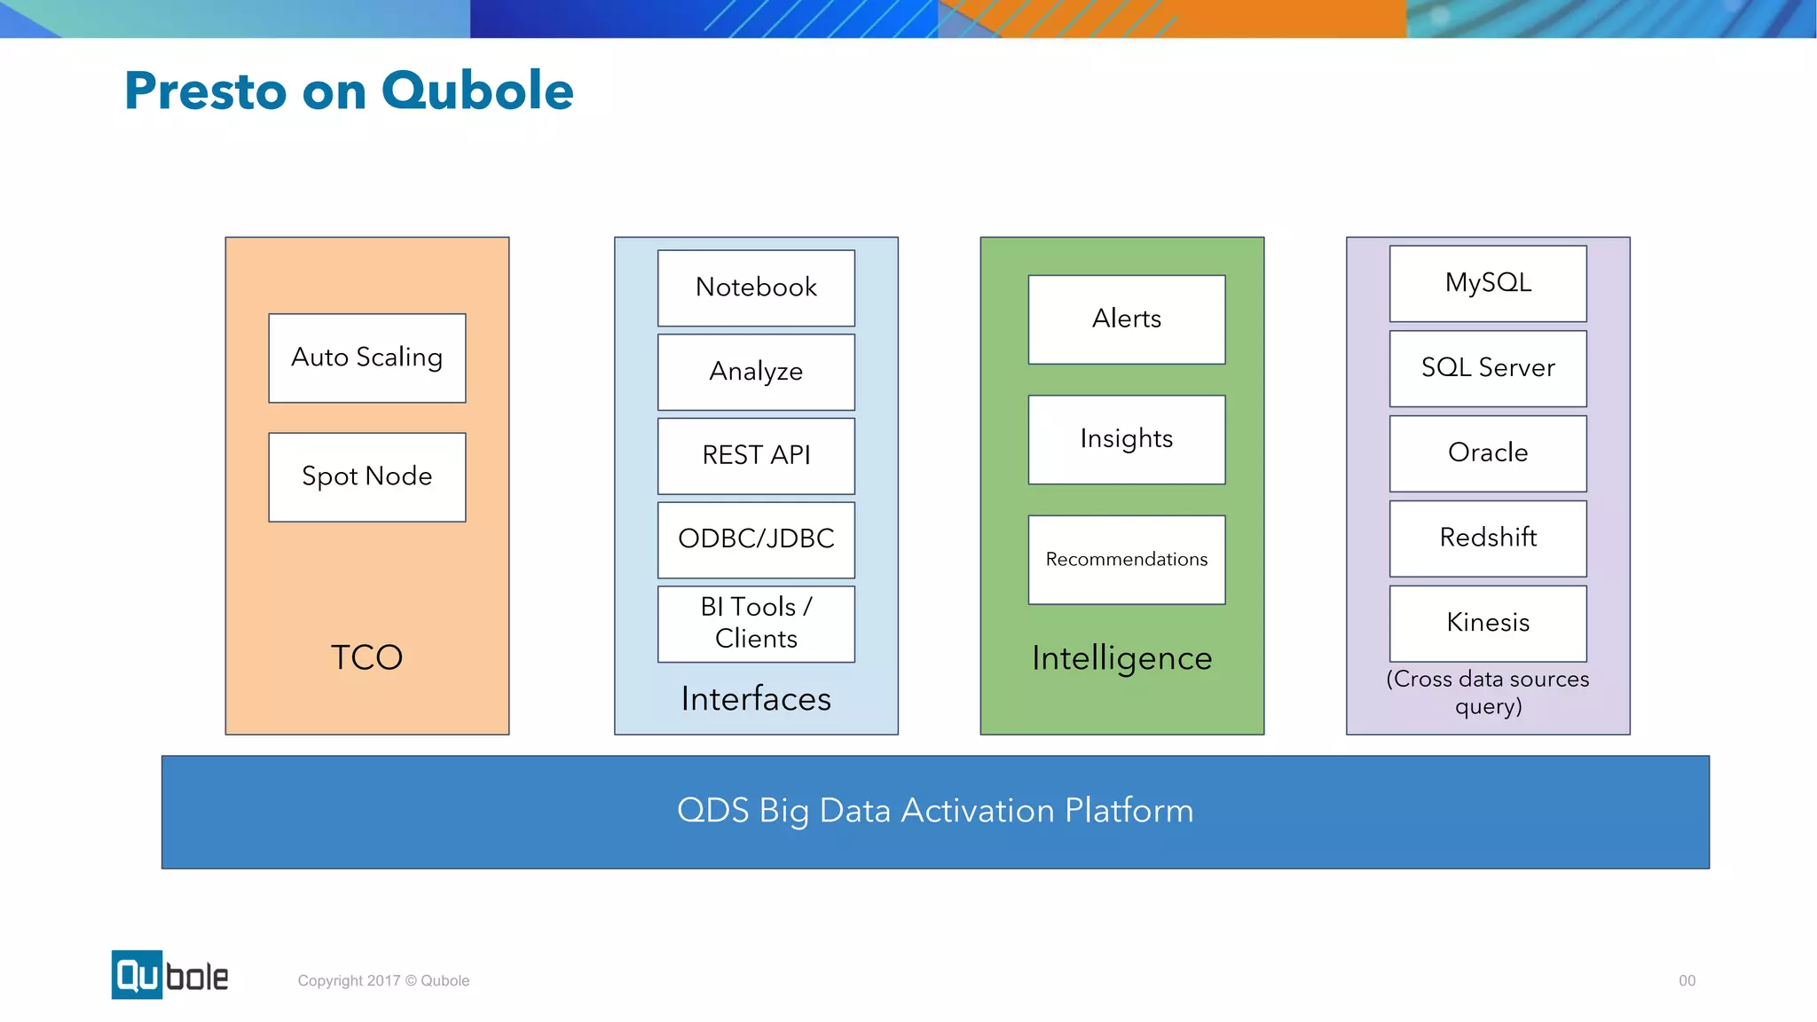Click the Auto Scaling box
[366, 358]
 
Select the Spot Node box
[366, 476]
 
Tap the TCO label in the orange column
[366, 657]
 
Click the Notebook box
[756, 287]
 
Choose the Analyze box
[756, 372]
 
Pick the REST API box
[756, 455]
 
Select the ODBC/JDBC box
[756, 539]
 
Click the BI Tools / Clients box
[756, 623]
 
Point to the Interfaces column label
[756, 699]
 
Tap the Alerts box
[1126, 318]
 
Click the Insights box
[1126, 439]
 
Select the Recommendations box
[1126, 559]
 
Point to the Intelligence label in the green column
[1121, 658]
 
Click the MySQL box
[1487, 283]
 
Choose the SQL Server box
[1487, 368]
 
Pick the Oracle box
[1487, 453]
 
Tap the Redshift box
[1487, 538]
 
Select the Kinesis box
[1487, 623]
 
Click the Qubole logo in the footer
[169, 975]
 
